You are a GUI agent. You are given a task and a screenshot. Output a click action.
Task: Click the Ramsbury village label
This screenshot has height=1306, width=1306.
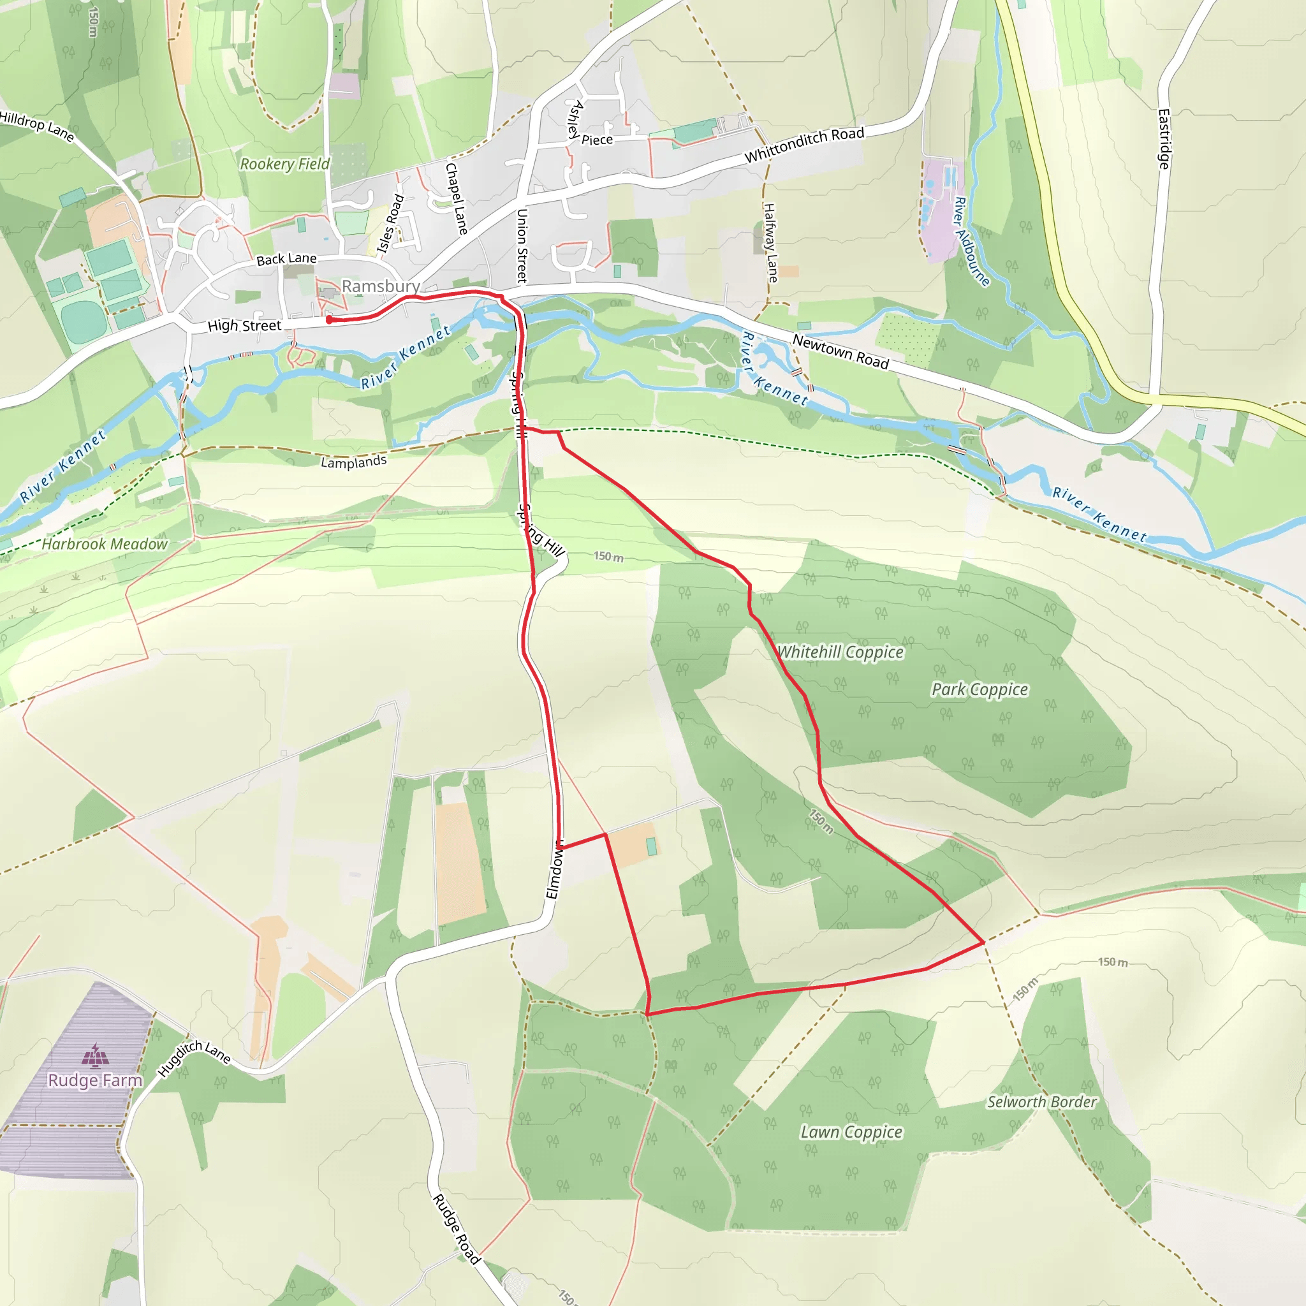pyautogui.click(x=380, y=286)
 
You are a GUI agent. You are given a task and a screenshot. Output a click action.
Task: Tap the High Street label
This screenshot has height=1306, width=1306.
pyautogui.click(x=244, y=326)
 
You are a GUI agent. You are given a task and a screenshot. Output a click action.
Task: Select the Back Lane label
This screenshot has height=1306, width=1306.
pyautogui.click(x=286, y=259)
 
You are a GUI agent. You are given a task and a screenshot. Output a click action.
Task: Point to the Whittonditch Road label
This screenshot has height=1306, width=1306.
pyautogui.click(x=803, y=145)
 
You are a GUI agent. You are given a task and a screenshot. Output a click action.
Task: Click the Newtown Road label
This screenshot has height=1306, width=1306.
pyautogui.click(x=840, y=351)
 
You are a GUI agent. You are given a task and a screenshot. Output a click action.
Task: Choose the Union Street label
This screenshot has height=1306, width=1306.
pyautogui.click(x=522, y=246)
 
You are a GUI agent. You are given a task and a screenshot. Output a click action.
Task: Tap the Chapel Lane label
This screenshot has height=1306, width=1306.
pyautogui.click(x=457, y=198)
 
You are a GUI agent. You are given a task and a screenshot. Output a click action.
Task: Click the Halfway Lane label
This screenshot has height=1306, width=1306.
pyautogui.click(x=770, y=242)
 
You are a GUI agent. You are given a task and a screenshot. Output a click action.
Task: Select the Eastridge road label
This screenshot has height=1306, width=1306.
pyautogui.click(x=1163, y=138)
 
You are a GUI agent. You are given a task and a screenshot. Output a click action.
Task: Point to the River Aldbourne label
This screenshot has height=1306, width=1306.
pyautogui.click(x=971, y=241)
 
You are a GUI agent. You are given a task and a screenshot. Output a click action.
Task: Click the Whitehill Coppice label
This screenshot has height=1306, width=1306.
pyautogui.click(x=840, y=652)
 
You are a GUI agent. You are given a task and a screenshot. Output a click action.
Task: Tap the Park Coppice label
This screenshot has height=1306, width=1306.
pyautogui.click(x=979, y=689)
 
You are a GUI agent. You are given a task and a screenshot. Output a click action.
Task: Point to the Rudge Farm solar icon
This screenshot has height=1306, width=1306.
pyautogui.click(x=95, y=1053)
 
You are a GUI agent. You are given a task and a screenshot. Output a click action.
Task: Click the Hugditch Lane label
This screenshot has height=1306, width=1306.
pyautogui.click(x=194, y=1058)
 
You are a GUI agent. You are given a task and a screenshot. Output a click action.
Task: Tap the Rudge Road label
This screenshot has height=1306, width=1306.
pyautogui.click(x=457, y=1229)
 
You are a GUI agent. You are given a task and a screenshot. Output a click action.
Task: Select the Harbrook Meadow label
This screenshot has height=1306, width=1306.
pyautogui.click(x=105, y=544)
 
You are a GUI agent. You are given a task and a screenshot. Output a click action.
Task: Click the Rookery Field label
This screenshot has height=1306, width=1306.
pyautogui.click(x=284, y=164)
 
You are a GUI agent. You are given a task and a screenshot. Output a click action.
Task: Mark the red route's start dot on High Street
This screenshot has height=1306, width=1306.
pyautogui.click(x=329, y=319)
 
